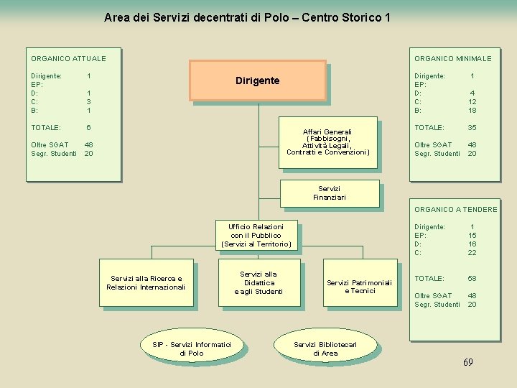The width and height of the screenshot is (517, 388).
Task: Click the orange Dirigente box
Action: (x=257, y=80)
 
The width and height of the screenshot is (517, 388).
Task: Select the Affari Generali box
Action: (x=327, y=142)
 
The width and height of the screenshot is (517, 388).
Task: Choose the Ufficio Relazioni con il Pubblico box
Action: (x=256, y=235)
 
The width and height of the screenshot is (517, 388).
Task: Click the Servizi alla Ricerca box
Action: (x=146, y=282)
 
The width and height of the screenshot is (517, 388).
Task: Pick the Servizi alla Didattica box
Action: (x=258, y=282)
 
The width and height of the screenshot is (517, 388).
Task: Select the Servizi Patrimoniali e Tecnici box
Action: (x=359, y=286)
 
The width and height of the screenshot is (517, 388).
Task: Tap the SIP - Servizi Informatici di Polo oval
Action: (x=192, y=348)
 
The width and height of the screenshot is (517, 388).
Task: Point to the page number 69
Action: (x=467, y=362)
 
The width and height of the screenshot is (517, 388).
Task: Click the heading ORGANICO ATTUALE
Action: (x=68, y=58)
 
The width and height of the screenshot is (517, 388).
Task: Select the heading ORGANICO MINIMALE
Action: (x=452, y=58)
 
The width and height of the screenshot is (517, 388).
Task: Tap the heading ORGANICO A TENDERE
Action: (x=455, y=210)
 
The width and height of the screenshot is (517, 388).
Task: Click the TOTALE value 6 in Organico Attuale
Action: (x=88, y=127)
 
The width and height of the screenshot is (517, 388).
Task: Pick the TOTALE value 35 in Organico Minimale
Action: (x=472, y=127)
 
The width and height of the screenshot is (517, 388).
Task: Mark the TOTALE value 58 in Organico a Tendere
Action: (x=472, y=278)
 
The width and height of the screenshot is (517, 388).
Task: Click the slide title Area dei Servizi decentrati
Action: (x=247, y=17)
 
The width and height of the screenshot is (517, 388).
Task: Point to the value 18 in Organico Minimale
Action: (x=472, y=110)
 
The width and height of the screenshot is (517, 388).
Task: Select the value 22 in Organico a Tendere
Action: (x=472, y=252)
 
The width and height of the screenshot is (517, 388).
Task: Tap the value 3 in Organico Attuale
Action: (x=88, y=101)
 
